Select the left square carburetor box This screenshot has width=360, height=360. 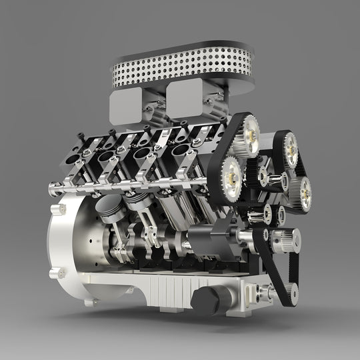[x=125, y=107]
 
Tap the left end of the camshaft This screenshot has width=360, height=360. [x=53, y=190]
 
